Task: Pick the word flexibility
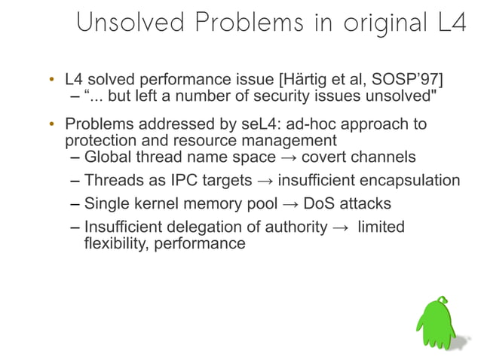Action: pyautogui.click(x=112, y=243)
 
